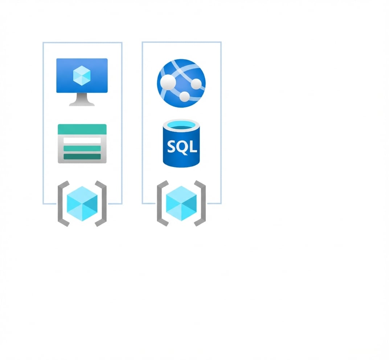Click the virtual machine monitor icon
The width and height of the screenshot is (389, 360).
pyautogui.click(x=82, y=82)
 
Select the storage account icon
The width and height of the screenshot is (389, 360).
pyautogui.click(x=82, y=144)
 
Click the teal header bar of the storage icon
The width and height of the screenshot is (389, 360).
pyautogui.click(x=82, y=129)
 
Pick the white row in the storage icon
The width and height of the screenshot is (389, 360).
pyautogui.click(x=82, y=140)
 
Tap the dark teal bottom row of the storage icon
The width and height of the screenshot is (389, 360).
pyautogui.click(x=82, y=156)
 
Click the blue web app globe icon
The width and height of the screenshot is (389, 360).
pyautogui.click(x=181, y=83)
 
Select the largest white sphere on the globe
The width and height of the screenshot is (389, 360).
pyautogui.click(x=168, y=82)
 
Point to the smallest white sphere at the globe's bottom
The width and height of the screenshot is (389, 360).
pyautogui.click(x=185, y=97)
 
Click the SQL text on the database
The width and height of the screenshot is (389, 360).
pyautogui.click(x=182, y=147)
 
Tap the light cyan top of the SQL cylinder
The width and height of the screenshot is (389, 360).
pyautogui.click(x=181, y=125)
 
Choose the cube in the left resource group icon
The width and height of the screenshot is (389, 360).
pyautogui.click(x=82, y=204)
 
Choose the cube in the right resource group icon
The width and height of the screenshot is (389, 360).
pyautogui.click(x=181, y=204)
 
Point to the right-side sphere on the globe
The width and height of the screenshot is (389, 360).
pyautogui.click(x=196, y=84)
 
